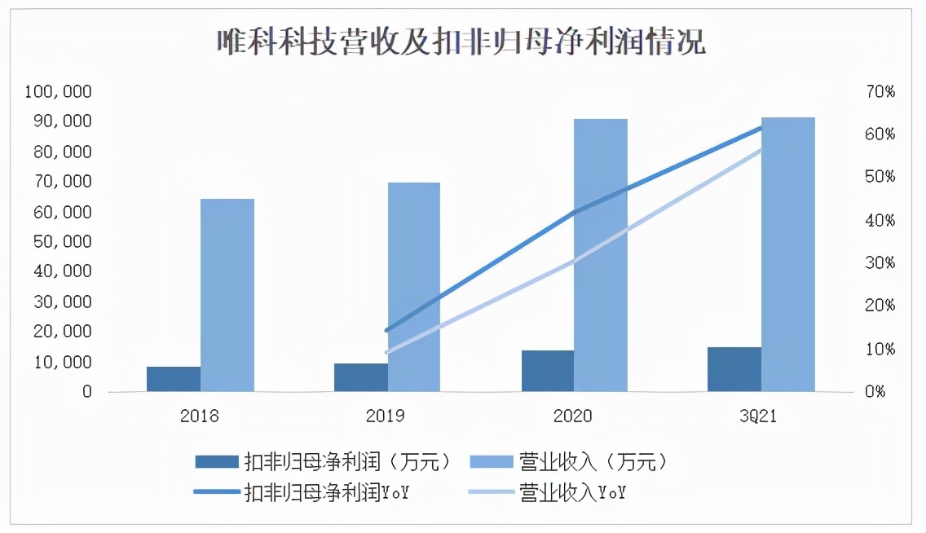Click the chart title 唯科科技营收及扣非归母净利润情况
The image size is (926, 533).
pos(461,41)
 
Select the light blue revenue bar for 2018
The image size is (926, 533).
pos(227,295)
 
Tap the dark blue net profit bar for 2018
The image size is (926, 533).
pos(174,379)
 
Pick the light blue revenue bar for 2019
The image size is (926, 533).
pos(413,287)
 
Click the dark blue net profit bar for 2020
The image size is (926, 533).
pos(547,371)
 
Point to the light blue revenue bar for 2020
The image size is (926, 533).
pos(600,255)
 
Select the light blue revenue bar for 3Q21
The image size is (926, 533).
pos(787,254)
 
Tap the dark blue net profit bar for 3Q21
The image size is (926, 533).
pos(734,369)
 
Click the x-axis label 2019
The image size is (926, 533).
pos(386,416)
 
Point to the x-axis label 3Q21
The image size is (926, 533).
pos(761,416)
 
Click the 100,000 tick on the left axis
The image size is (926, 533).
pos(58,92)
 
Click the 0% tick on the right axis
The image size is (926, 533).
pos(876,392)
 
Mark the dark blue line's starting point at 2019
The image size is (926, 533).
pos(386,331)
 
